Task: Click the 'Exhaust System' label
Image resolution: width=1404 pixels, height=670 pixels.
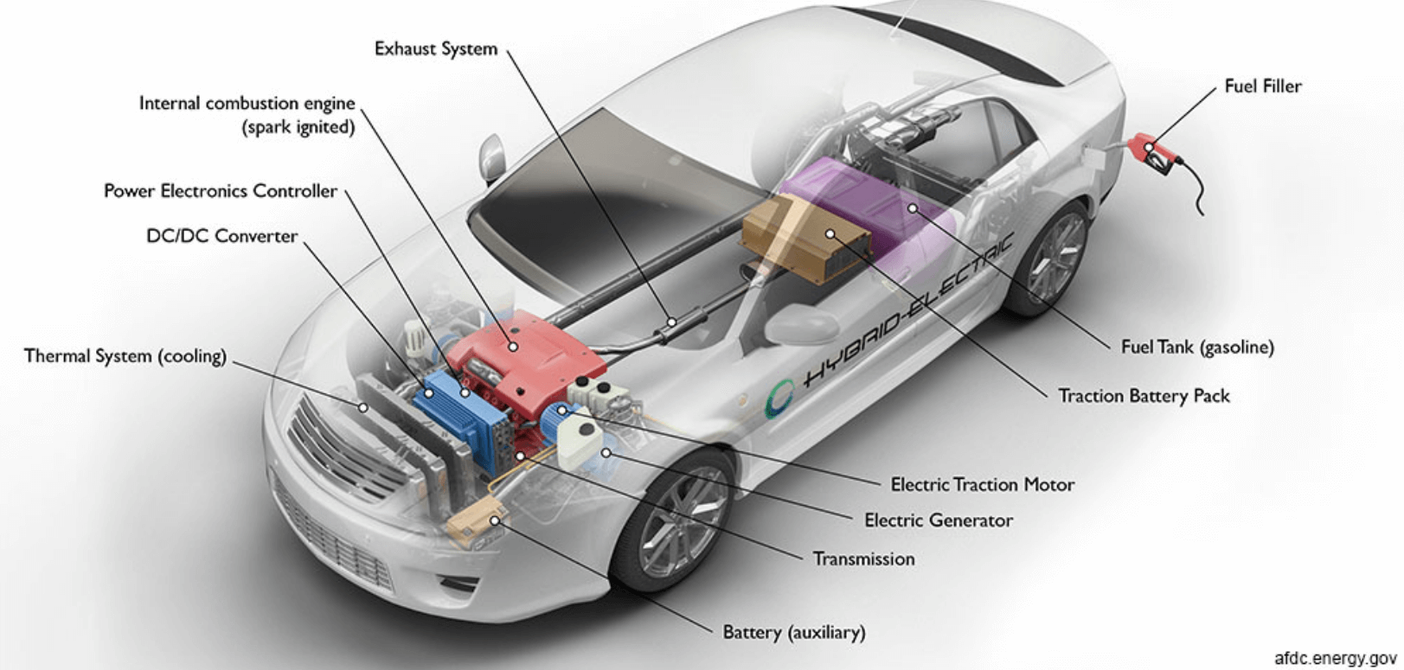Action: point(435,48)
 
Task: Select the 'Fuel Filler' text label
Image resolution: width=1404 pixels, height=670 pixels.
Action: point(1262,86)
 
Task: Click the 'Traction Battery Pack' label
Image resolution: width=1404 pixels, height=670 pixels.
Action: point(1144,396)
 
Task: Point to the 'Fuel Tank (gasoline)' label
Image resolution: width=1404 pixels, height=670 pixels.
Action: point(1197,347)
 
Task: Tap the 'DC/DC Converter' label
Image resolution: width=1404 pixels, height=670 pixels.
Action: point(221,236)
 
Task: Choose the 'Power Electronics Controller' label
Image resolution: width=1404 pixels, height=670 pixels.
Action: point(221,190)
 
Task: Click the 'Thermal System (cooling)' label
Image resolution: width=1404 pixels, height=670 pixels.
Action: point(125,355)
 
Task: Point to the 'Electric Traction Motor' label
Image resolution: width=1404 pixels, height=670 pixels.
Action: point(983,484)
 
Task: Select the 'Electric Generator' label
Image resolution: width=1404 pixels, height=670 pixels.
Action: point(939,520)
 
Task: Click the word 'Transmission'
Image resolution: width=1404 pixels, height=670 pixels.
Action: point(863,558)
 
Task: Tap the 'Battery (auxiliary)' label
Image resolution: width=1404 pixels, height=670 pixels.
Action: point(793,632)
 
